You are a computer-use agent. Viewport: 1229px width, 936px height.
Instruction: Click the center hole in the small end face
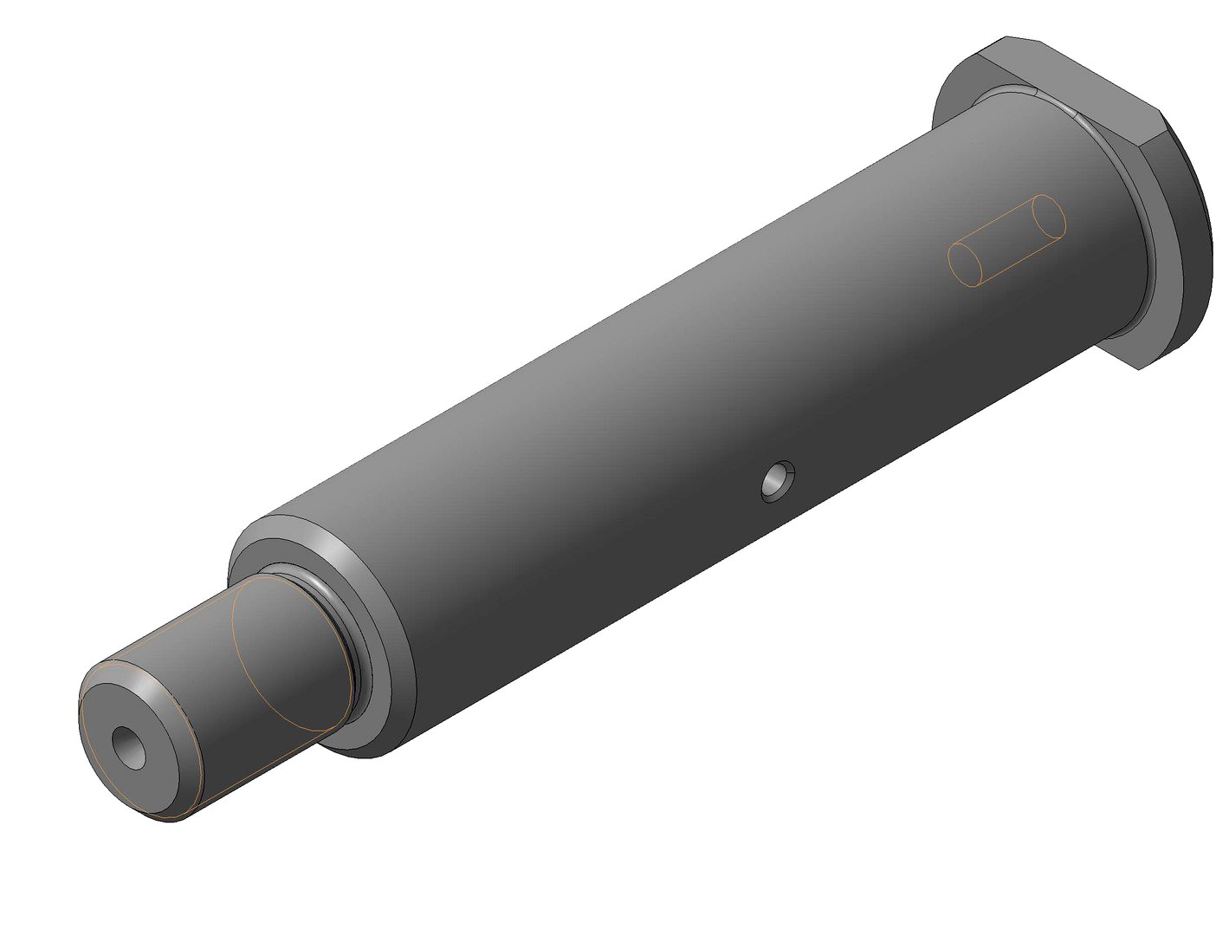pos(131,747)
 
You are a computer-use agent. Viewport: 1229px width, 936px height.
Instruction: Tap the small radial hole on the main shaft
pos(777,481)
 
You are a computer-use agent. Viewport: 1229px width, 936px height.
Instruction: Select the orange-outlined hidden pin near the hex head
pos(1006,240)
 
